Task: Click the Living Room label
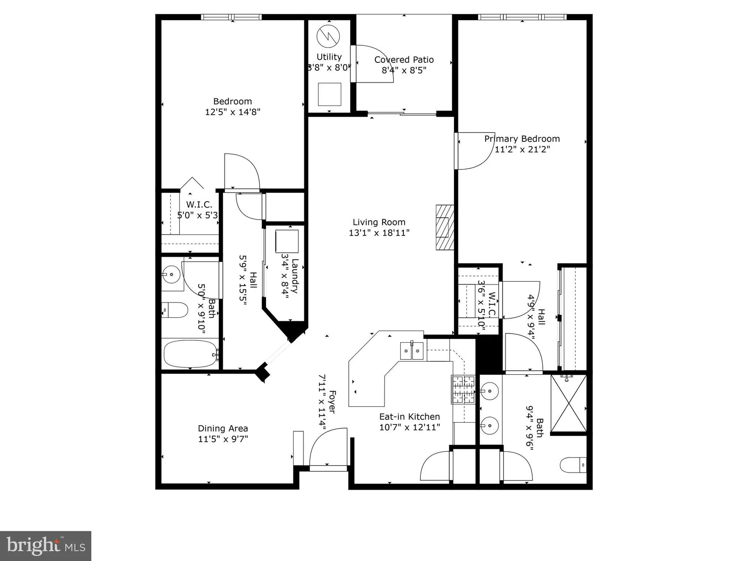[x=379, y=222]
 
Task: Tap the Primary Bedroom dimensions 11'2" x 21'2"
[x=522, y=150]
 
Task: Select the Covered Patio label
[x=404, y=60]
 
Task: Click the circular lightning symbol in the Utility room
[x=328, y=36]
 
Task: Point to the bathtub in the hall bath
[x=190, y=354]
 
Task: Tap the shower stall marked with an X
[x=568, y=404]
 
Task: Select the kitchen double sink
[x=411, y=351]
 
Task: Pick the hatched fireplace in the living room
[x=445, y=227]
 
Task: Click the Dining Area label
[x=223, y=429]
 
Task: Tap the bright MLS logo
[x=46, y=546]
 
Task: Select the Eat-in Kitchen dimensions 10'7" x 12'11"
[x=410, y=427]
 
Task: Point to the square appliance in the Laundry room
[x=287, y=241]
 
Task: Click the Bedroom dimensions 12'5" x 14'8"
[x=233, y=112]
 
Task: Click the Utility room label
[x=329, y=57]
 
